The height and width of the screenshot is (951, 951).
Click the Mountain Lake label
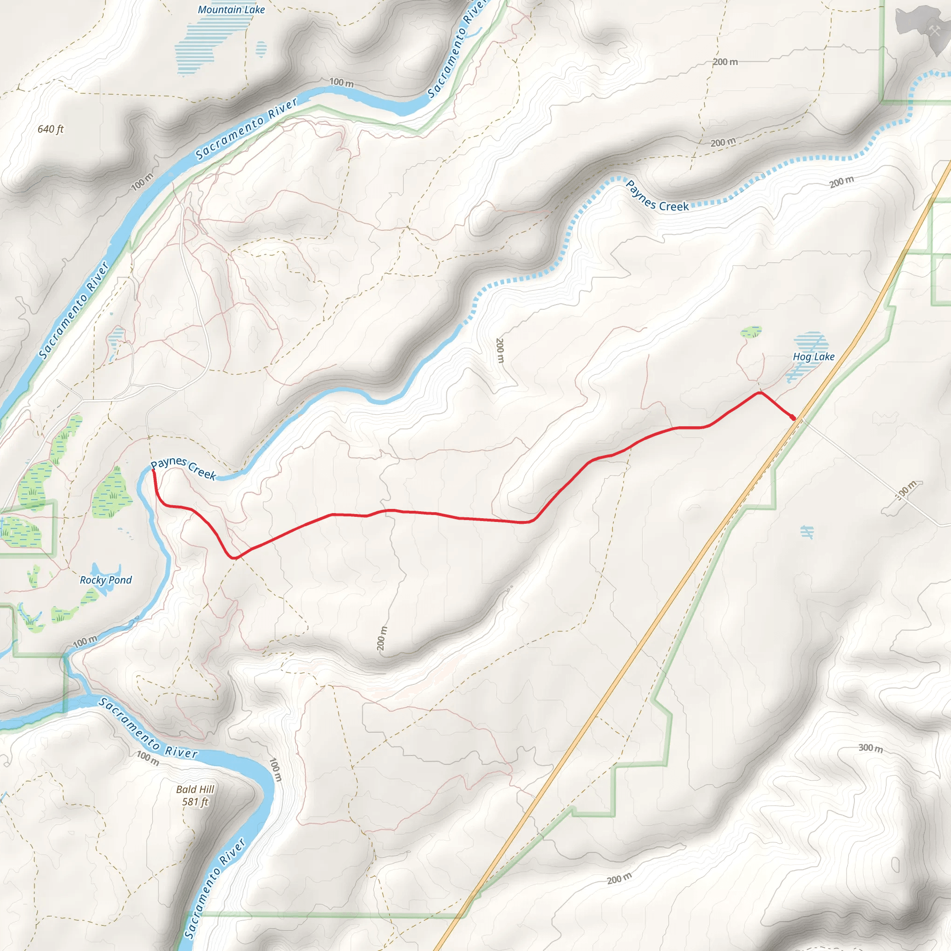click(231, 10)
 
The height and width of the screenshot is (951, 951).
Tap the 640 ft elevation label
click(51, 129)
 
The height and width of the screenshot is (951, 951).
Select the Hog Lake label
click(813, 357)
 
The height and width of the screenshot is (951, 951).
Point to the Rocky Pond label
click(106, 580)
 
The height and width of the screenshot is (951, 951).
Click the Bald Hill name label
click(195, 789)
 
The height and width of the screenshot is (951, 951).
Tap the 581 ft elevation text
click(195, 802)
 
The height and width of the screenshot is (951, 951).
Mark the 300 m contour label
click(870, 748)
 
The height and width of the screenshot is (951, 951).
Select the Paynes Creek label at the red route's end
click(183, 468)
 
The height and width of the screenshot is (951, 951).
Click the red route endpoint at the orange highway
click(793, 418)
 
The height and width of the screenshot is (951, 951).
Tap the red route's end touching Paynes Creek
click(154, 471)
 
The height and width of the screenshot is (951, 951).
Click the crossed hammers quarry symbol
click(935, 31)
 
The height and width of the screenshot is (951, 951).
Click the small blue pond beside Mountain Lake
click(261, 49)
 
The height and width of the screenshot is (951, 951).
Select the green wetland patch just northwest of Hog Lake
click(751, 332)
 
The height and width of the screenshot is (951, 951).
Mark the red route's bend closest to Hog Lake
click(761, 393)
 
